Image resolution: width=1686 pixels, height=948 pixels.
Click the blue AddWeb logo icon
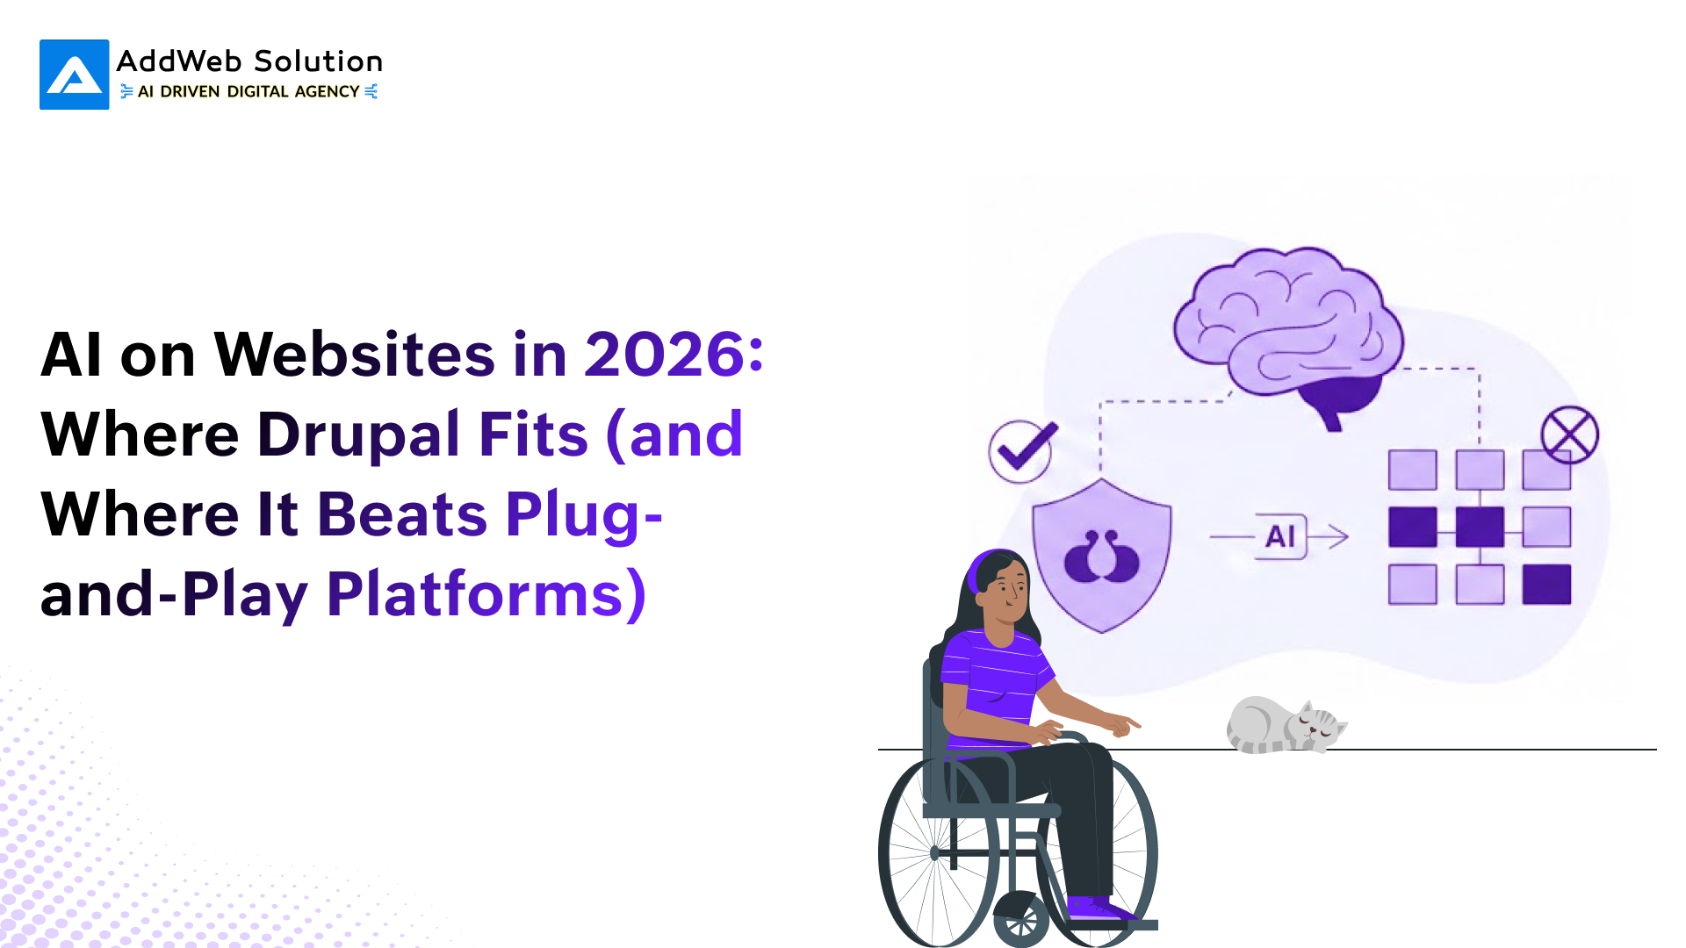[75, 75]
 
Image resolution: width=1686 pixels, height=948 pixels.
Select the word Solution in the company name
[318, 61]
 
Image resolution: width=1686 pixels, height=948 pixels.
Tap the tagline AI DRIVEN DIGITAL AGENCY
[249, 91]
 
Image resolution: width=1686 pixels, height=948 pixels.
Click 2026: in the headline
[674, 355]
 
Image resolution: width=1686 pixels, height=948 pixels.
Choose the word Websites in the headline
[355, 355]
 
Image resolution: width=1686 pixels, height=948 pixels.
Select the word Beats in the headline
[402, 514]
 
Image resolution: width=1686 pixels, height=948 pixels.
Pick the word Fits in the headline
[533, 434]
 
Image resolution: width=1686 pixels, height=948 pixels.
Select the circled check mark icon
[1022, 450]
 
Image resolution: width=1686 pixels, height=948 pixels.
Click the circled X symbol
[1570, 434]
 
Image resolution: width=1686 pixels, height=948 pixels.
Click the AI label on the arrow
[1280, 536]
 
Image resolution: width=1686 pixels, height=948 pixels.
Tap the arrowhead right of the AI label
[1339, 536]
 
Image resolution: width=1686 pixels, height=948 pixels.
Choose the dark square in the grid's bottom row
[1546, 585]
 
